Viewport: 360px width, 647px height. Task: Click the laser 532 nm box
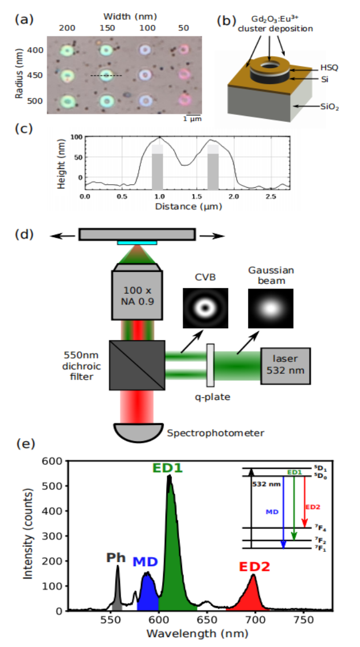285,364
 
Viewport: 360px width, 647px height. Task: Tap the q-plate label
210,397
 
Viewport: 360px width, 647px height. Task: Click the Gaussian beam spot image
270,308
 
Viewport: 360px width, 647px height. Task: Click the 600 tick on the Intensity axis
55,461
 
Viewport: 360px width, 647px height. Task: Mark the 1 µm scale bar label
192,119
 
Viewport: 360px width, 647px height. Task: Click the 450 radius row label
36,75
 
